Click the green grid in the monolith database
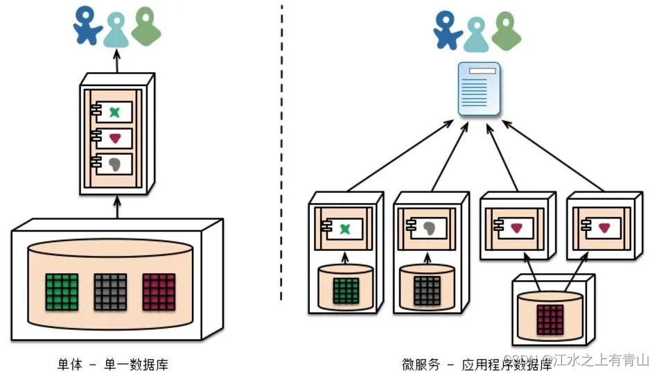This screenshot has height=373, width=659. coord(62,291)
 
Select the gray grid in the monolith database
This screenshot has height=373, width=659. coord(111,291)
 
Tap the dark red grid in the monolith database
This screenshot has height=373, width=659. coord(159,291)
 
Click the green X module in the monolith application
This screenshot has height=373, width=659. coord(115,112)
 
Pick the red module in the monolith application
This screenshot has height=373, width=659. coord(115,138)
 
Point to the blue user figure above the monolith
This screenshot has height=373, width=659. coord(88,26)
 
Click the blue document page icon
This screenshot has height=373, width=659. coord(479,88)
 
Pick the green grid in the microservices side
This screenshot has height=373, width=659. coord(346,291)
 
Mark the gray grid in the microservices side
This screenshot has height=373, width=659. coord(428,291)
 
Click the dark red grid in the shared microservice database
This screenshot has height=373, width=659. coord(550,319)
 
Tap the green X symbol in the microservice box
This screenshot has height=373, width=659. coord(344,229)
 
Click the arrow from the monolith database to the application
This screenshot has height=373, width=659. coord(116,207)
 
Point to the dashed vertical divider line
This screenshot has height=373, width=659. coord(281,153)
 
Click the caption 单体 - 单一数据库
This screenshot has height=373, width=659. coord(112,363)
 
